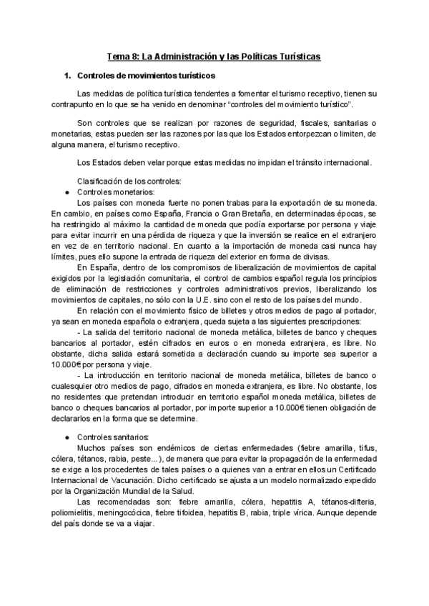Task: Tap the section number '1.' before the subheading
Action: point(69,75)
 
